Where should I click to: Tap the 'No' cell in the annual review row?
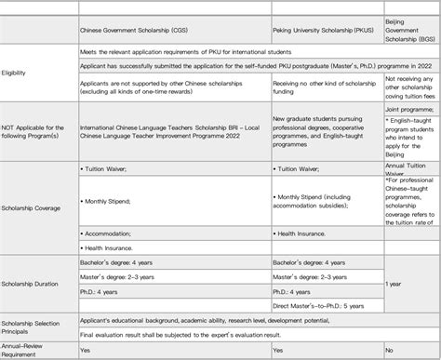click(x=392, y=352)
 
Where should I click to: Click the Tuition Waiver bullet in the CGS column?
click(x=111, y=169)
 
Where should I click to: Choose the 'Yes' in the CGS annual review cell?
click(x=86, y=352)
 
